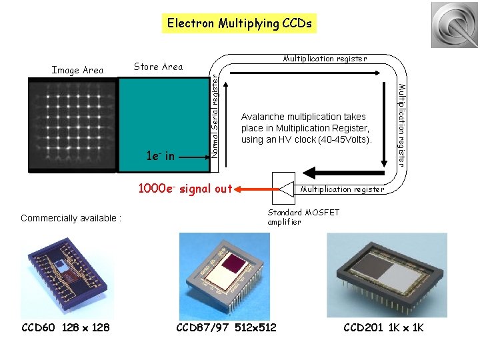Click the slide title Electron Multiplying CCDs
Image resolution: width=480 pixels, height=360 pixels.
(239, 23)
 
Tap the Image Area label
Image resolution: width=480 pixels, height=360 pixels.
(78, 69)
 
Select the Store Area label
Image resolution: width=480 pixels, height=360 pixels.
(158, 66)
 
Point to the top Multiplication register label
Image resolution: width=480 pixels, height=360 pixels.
(325, 59)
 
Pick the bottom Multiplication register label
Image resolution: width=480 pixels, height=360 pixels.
(343, 189)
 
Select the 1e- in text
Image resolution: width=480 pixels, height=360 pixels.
(160, 157)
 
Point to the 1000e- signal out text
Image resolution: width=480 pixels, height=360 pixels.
(185, 189)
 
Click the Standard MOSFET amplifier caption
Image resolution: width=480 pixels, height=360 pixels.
(303, 217)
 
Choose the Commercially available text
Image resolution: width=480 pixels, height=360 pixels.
(71, 218)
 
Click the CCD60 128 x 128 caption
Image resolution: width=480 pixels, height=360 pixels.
(66, 327)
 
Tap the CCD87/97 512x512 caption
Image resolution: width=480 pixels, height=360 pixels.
(226, 327)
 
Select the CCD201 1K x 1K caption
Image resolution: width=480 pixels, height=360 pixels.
(383, 327)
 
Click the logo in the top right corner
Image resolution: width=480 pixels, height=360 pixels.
(454, 25)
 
